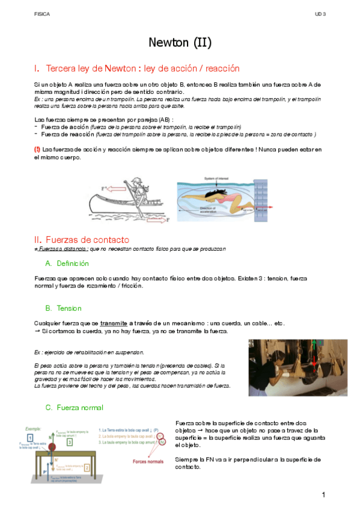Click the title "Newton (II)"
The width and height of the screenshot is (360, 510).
point(180,43)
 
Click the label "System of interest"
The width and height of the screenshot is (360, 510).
point(219,179)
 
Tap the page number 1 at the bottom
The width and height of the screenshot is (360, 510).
point(323,494)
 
